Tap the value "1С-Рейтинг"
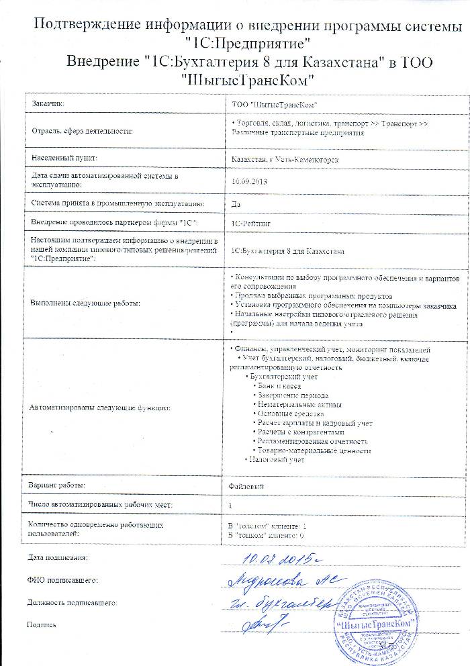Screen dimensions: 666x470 tap(249, 220)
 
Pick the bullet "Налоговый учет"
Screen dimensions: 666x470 tap(276, 461)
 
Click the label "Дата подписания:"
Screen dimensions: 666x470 tap(58, 558)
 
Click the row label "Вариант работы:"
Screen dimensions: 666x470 tap(57, 485)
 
